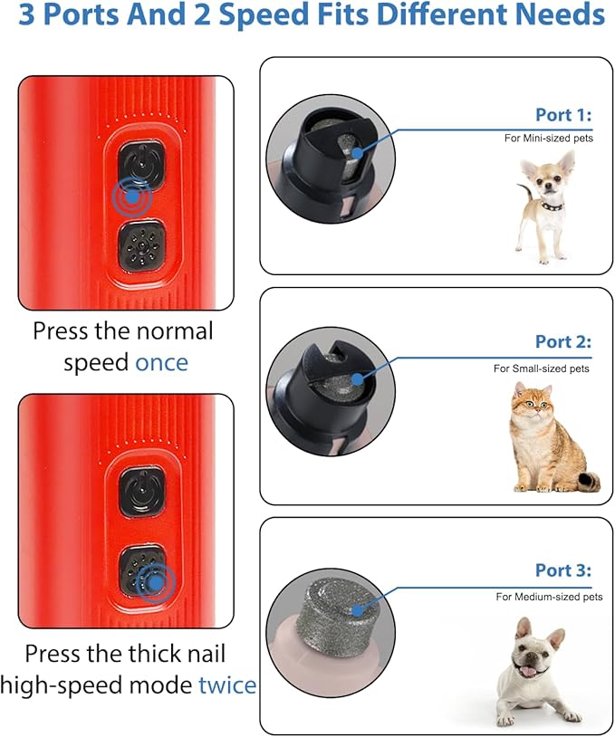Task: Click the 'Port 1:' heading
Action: tap(563, 115)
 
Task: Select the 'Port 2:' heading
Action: tap(563, 341)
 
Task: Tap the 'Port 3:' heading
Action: tap(563, 570)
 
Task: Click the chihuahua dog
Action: tap(545, 206)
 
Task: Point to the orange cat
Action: tap(553, 437)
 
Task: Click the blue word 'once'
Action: tap(161, 363)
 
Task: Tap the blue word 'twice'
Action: tap(227, 684)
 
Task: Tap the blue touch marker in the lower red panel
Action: tap(156, 583)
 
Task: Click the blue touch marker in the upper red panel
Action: tap(132, 196)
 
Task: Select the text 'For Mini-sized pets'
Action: tap(549, 139)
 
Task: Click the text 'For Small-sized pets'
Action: tap(541, 368)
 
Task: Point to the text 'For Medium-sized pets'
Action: tap(549, 597)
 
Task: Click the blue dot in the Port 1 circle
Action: tap(358, 153)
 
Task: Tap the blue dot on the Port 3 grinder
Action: tap(358, 610)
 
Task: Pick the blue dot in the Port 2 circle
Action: tap(358, 378)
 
